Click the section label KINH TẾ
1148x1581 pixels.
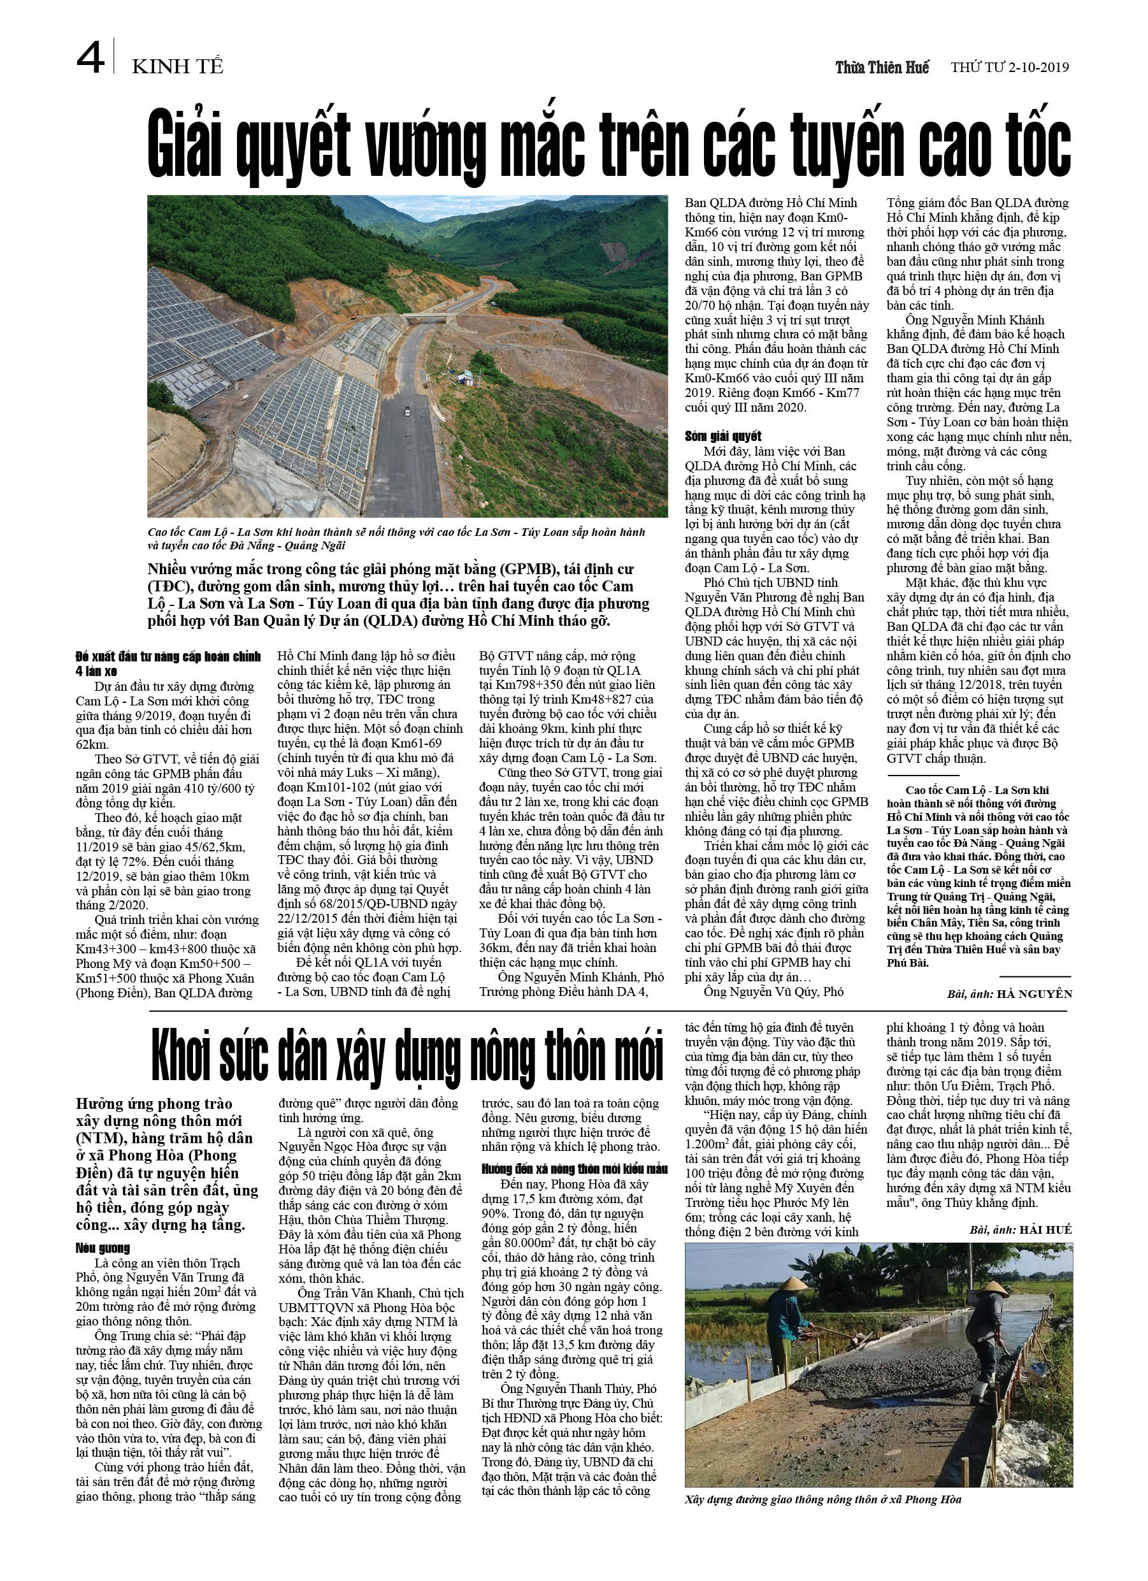click(x=177, y=67)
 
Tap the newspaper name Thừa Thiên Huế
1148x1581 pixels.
click(x=882, y=68)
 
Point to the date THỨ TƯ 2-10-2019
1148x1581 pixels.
click(x=1010, y=68)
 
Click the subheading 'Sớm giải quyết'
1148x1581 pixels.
click(x=723, y=437)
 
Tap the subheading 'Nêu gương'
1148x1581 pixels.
click(x=103, y=1248)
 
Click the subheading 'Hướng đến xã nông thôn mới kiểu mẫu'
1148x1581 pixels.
click(x=575, y=1169)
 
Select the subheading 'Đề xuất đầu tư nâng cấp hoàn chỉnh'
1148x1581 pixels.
click(x=168, y=656)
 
